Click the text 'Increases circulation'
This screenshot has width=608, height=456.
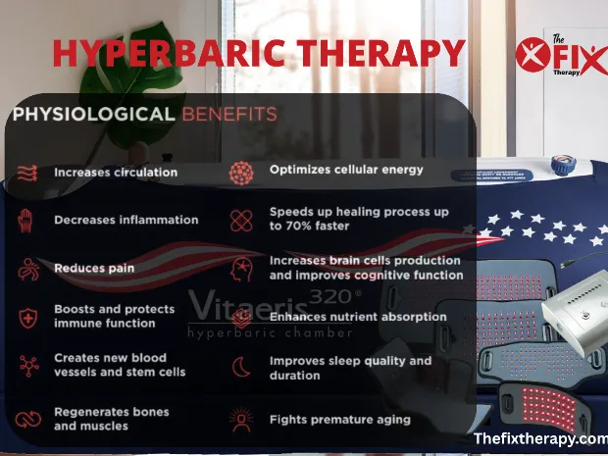pyautogui.click(x=116, y=172)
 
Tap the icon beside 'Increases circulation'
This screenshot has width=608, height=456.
pyautogui.click(x=26, y=173)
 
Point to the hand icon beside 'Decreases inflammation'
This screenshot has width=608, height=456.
pyautogui.click(x=26, y=220)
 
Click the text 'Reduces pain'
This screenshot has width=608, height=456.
pyautogui.click(x=94, y=268)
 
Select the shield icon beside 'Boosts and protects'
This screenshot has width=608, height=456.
pyautogui.click(x=26, y=316)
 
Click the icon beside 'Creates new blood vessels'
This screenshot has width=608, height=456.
pyautogui.click(x=26, y=366)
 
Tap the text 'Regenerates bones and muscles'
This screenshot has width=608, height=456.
pyautogui.click(x=111, y=419)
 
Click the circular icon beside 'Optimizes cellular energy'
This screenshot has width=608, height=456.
pyautogui.click(x=240, y=171)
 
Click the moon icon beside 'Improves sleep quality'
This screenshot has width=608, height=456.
pyautogui.click(x=240, y=368)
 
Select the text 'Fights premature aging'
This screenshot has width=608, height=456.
pyautogui.click(x=339, y=420)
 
